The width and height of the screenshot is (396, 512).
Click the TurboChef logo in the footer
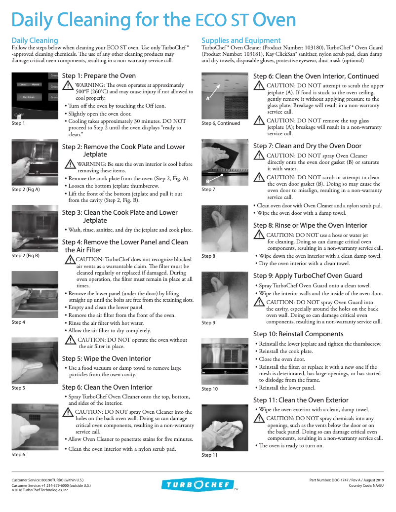(197, 485)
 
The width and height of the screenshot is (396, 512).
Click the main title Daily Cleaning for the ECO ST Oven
(154, 20)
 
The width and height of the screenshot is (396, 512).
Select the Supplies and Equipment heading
(241, 40)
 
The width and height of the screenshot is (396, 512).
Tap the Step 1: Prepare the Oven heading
(99, 76)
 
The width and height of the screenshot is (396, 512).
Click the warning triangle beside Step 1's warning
(68, 85)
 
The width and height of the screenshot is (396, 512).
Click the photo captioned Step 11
(225, 427)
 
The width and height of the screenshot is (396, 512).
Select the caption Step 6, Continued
(221, 123)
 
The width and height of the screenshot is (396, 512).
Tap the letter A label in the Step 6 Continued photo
(208, 98)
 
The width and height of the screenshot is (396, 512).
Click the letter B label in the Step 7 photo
(207, 174)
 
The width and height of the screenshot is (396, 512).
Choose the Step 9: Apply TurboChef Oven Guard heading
(308, 276)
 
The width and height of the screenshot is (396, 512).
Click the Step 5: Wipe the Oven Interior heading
(107, 358)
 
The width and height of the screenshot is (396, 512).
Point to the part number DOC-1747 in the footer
(346, 479)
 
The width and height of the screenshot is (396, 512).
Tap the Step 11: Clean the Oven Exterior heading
(301, 400)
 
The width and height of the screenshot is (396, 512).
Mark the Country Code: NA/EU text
(366, 485)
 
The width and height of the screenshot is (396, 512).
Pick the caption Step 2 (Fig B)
(26, 256)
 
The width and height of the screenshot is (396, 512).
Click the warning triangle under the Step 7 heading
(259, 156)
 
